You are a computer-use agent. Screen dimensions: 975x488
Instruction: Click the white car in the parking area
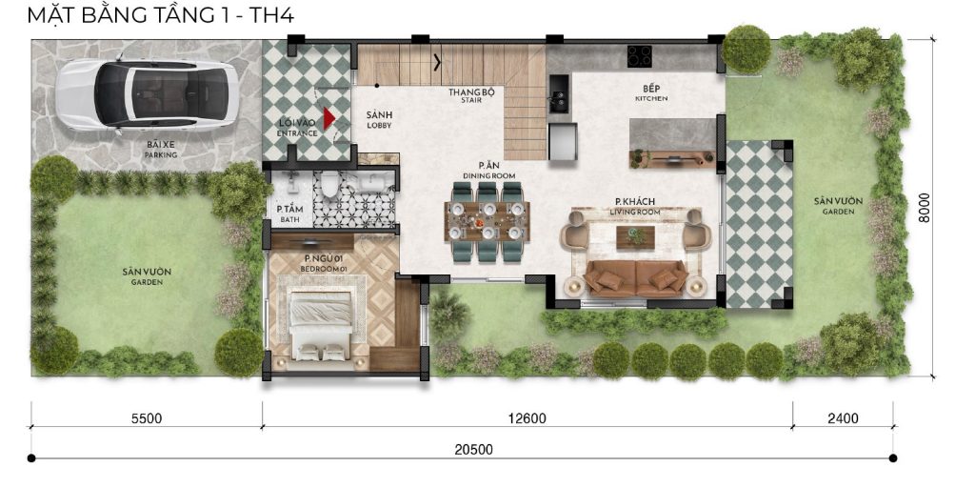click(x=148, y=94)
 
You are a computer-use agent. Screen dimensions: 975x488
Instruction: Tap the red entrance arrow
click(x=328, y=119)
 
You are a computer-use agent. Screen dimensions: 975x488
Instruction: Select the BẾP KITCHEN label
click(x=651, y=92)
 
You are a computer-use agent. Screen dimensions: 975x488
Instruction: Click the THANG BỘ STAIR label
click(x=471, y=95)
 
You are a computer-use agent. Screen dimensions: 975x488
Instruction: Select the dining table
click(x=487, y=221)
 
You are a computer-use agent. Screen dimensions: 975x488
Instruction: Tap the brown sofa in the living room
click(x=636, y=278)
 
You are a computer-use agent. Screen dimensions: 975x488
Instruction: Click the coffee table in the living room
click(x=635, y=236)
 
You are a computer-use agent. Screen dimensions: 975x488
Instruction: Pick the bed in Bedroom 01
click(x=320, y=326)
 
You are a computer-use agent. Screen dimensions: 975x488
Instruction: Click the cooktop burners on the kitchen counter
click(x=639, y=56)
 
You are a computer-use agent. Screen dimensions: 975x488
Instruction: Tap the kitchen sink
click(x=558, y=94)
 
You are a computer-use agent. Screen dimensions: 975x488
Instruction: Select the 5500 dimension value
click(x=146, y=418)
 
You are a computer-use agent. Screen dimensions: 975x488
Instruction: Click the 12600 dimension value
click(x=527, y=418)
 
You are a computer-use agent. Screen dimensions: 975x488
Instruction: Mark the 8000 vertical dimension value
click(x=925, y=208)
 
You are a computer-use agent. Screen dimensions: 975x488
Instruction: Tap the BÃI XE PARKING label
click(x=161, y=150)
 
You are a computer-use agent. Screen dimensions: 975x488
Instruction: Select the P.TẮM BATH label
click(x=289, y=213)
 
